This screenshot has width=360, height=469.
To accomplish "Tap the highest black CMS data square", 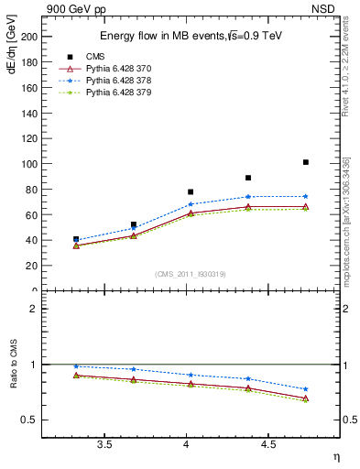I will pyautogui.click(x=306, y=162).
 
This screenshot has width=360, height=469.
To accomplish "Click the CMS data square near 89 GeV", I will pyautogui.click(x=248, y=178).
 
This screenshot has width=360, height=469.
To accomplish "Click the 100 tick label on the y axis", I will pyautogui.click(x=30, y=164).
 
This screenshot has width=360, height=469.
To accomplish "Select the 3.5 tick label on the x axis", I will pyautogui.click(x=104, y=445).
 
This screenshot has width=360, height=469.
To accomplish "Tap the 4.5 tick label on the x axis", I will pyautogui.click(x=268, y=445).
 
